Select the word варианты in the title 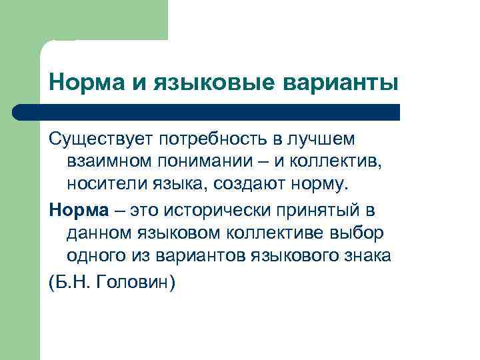(342, 84)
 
